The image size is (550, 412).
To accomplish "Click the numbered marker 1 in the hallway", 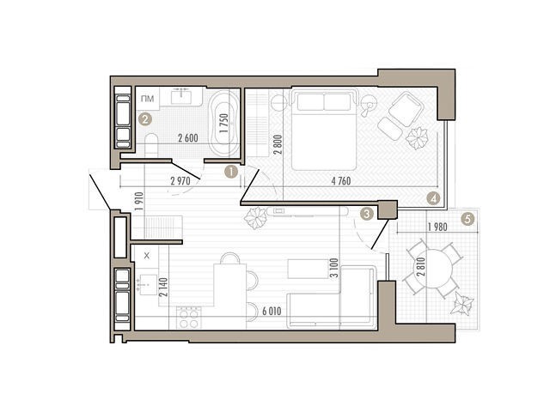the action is [231, 172].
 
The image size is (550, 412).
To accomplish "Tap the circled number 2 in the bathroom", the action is [145, 119].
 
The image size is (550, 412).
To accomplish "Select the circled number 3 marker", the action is [367, 214].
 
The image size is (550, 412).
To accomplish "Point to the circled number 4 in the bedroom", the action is [433, 198].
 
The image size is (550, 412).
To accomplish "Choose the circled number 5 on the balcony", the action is [467, 220].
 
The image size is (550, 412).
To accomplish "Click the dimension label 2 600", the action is [188, 138].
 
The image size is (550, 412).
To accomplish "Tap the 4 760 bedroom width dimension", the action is [340, 181].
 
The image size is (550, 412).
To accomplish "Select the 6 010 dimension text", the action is [272, 311].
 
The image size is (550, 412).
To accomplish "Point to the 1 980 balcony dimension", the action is [437, 227].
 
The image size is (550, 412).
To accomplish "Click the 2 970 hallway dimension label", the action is [180, 181].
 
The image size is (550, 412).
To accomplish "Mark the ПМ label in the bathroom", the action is [147, 99].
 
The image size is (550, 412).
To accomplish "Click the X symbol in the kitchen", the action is [147, 256].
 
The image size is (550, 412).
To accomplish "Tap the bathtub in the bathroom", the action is [223, 123].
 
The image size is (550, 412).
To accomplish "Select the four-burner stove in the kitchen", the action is [189, 318].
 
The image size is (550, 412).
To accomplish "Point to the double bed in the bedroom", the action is [324, 130].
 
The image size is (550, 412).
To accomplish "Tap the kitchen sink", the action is [148, 285].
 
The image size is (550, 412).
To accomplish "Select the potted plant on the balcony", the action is [462, 304].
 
